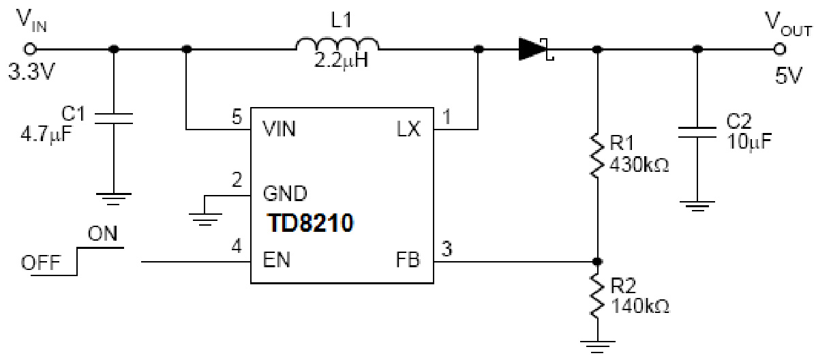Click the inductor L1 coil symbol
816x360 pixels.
click(337, 46)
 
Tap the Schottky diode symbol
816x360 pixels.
click(534, 48)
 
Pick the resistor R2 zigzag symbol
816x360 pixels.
click(597, 295)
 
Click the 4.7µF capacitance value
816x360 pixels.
click(46, 130)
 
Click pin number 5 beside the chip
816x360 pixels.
click(236, 117)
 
